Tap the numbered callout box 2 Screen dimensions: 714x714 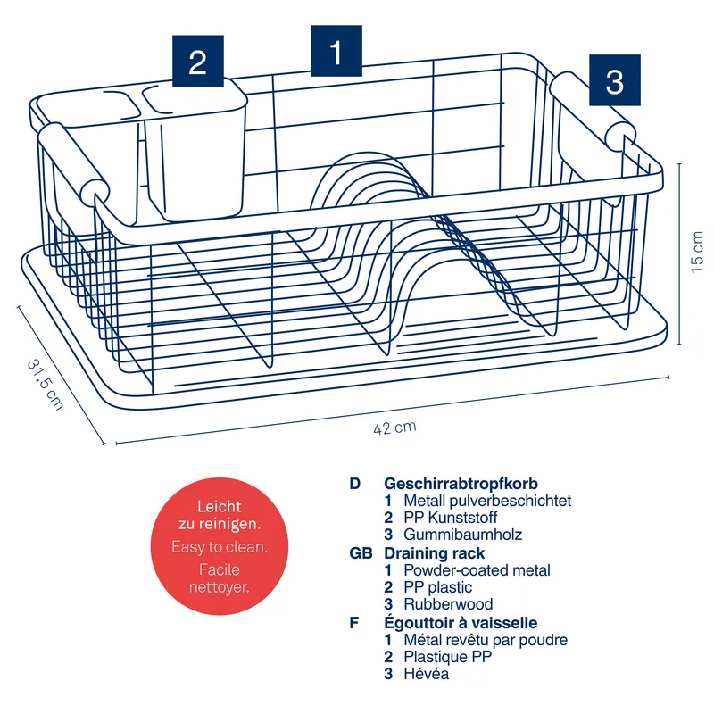(x=197, y=62)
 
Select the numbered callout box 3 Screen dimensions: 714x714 (x=614, y=80)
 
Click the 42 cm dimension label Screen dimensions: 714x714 (x=394, y=428)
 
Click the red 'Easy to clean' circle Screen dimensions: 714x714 (x=219, y=546)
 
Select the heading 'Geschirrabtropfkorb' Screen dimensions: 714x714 (x=461, y=484)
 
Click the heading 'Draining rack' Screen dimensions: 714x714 (x=434, y=553)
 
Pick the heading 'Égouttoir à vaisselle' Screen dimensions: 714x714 (x=461, y=623)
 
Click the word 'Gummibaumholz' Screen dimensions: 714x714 (x=462, y=535)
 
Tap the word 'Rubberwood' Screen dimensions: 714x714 (x=448, y=604)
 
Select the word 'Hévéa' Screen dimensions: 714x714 (x=426, y=674)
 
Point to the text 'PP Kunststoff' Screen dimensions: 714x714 (x=451, y=518)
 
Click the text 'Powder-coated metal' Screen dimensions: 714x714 (x=477, y=570)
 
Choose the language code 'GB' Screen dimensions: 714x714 (x=361, y=553)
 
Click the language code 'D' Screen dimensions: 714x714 (x=355, y=484)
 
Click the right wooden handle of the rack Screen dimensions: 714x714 (x=594, y=112)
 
